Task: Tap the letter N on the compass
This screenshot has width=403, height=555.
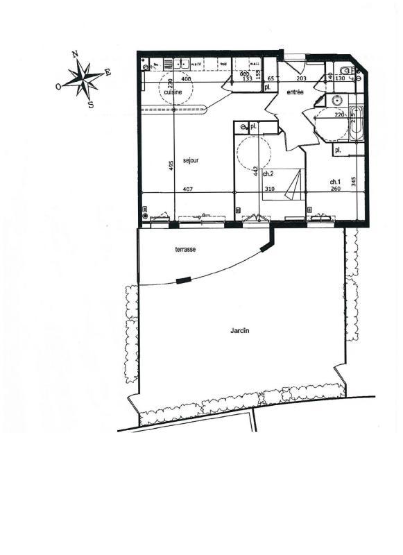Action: [74, 55]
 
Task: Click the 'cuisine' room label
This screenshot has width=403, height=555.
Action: [173, 92]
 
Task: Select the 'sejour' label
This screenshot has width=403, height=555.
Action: [191, 160]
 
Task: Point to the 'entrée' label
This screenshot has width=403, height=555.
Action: [295, 92]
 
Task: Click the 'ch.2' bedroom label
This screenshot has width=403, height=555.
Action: [267, 174]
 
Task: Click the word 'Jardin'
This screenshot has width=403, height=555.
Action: [239, 331]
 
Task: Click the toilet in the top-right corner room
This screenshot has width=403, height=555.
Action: [345, 69]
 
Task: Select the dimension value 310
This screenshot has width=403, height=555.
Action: [269, 189]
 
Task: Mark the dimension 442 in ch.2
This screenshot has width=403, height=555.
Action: [256, 171]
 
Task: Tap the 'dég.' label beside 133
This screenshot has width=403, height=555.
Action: [244, 73]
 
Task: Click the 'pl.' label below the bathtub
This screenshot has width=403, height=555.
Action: [338, 150]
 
